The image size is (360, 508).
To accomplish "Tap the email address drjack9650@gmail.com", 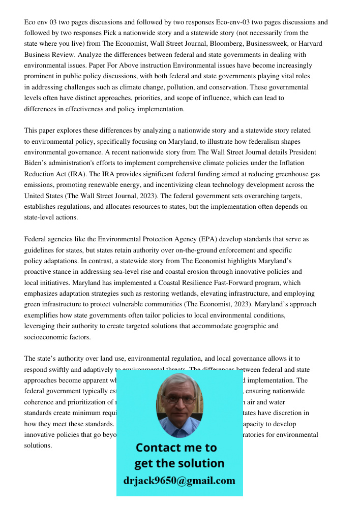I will (x=179, y=481).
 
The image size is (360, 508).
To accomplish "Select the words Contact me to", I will (x=176, y=448).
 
